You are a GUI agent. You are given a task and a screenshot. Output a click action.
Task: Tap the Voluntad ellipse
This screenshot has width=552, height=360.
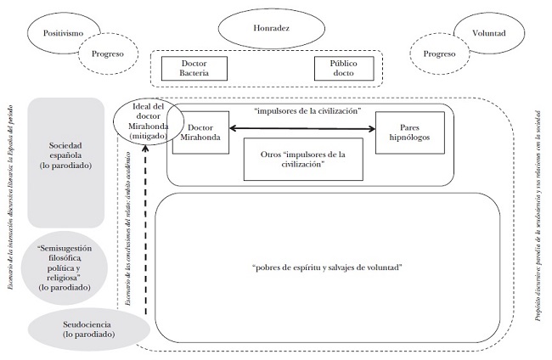pyautogui.click(x=487, y=34)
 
